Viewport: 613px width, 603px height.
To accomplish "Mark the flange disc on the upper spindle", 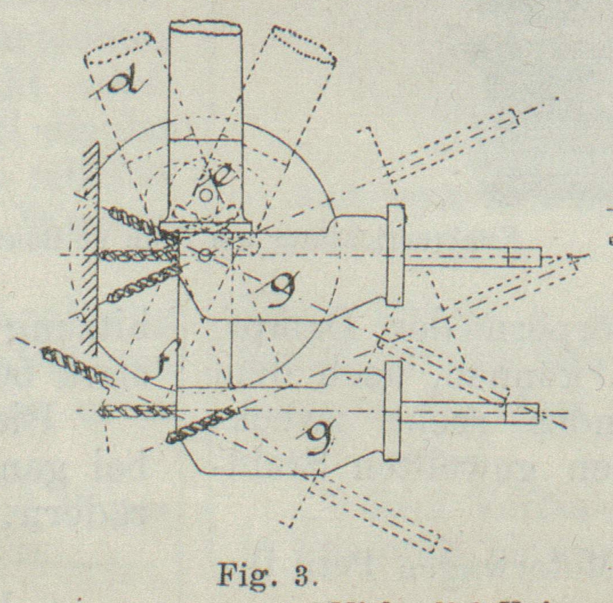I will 396,254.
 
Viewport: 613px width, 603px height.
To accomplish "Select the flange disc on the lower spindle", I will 392,411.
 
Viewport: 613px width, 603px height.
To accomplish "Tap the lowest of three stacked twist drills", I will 140,286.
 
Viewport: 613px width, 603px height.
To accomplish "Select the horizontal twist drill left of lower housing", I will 137,409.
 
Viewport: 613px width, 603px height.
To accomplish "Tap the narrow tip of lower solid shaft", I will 522,413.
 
